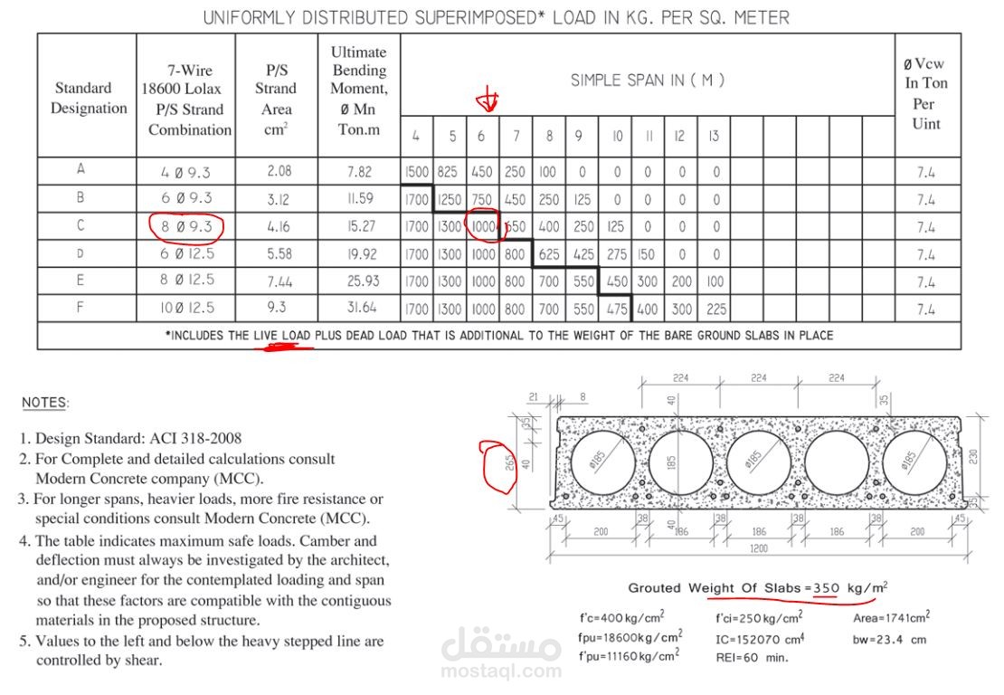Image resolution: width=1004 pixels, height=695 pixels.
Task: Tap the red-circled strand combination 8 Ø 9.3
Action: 187,226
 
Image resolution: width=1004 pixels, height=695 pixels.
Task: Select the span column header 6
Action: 481,137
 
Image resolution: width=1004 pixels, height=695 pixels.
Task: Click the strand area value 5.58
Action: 279,254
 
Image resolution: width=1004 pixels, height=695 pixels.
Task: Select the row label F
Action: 81,308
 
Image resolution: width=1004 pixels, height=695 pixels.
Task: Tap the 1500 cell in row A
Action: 416,171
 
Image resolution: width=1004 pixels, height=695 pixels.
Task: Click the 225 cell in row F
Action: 715,309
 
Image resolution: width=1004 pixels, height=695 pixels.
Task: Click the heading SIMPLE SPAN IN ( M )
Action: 647,81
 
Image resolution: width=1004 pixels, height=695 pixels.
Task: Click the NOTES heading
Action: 44,402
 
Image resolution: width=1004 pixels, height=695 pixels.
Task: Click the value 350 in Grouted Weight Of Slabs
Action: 826,589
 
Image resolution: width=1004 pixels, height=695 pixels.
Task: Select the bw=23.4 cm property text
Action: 890,639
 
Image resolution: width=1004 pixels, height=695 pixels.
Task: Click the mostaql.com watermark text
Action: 501,671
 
